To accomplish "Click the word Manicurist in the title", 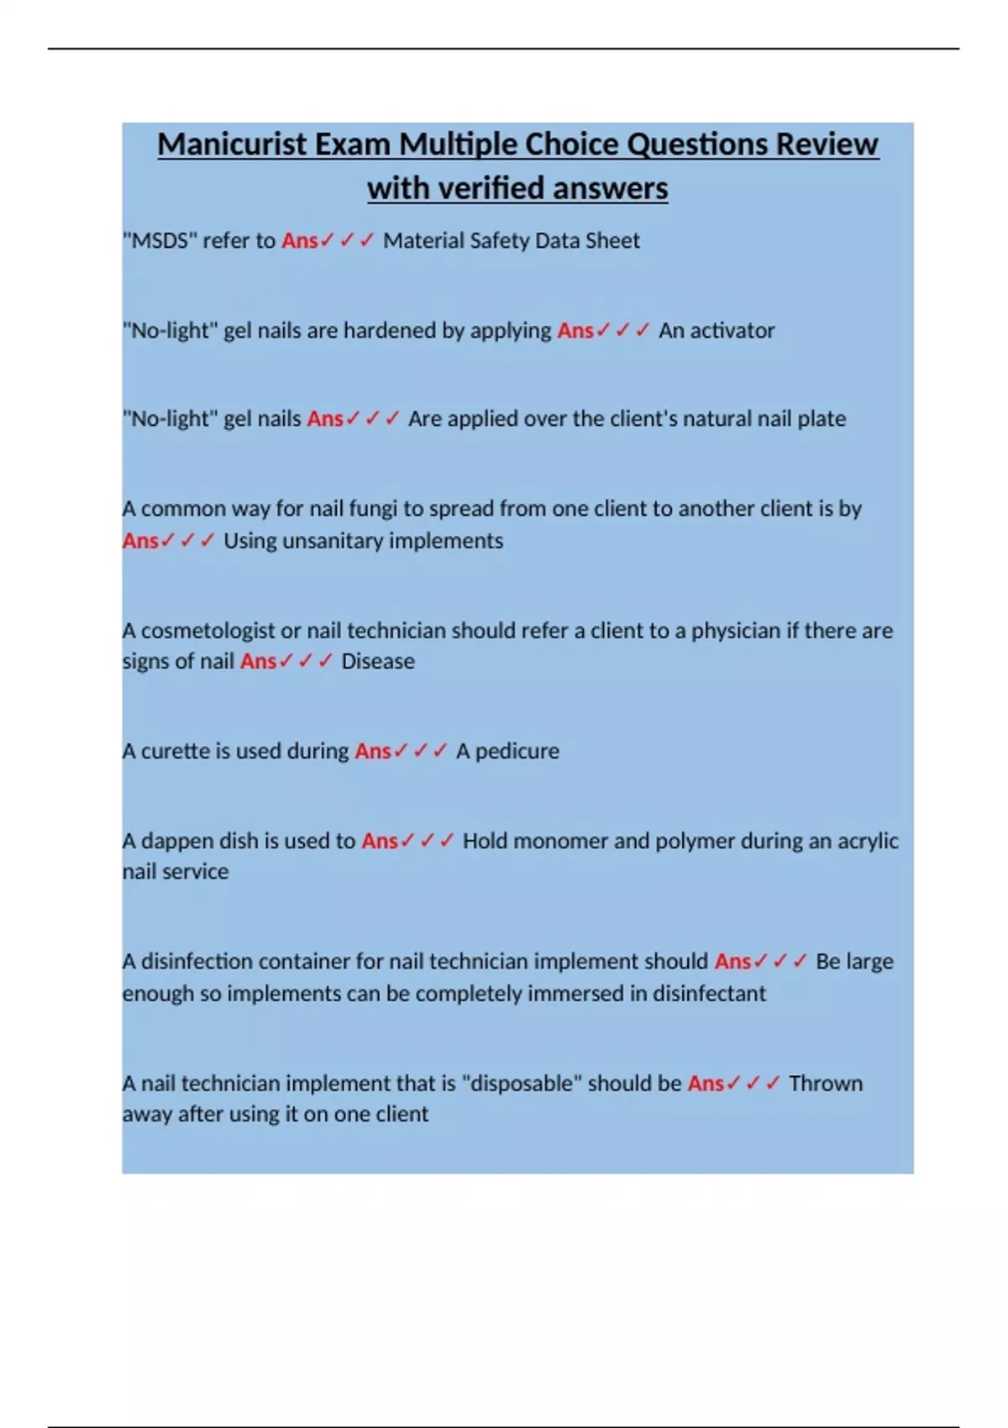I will pyautogui.click(x=232, y=144).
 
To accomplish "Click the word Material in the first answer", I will pyautogui.click(x=423, y=241).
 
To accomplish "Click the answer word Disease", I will pyautogui.click(x=377, y=662).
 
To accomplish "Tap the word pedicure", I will pyautogui.click(x=517, y=751).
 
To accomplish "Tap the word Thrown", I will pyautogui.click(x=825, y=1084).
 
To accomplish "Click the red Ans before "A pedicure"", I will pyautogui.click(x=372, y=751).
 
